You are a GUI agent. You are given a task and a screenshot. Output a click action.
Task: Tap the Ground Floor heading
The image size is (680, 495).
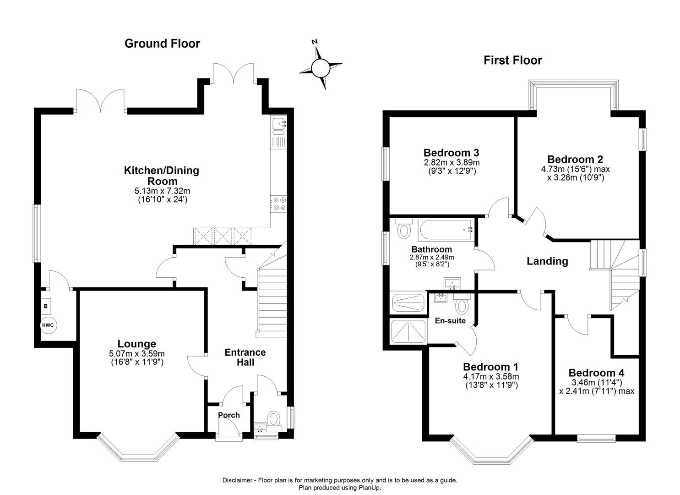coord(162,44)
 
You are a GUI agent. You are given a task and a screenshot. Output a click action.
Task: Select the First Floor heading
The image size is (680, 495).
coord(512,60)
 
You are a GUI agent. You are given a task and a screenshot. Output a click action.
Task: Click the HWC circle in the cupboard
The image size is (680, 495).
coord(48,325)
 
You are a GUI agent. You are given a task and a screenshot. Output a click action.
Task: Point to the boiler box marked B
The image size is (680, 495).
coord(46,306)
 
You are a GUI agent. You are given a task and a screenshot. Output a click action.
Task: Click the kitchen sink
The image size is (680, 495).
coord(278,124)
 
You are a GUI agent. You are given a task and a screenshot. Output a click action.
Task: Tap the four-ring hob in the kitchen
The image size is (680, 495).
coord(278,204)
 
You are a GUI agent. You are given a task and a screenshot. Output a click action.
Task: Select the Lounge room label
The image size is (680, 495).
coord(136,344)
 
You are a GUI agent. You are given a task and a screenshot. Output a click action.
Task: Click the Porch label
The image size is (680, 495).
coord(228,415)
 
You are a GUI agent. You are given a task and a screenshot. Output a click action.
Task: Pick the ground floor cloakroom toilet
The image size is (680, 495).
coord(274,418)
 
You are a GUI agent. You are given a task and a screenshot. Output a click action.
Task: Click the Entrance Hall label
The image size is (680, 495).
coord(245,357)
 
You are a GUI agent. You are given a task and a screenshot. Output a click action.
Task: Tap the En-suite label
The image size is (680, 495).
coord(450,320)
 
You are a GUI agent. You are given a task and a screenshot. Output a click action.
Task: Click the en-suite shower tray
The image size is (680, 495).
coord(408,331)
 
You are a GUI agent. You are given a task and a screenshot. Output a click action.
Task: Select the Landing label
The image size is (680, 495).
coord(547,261)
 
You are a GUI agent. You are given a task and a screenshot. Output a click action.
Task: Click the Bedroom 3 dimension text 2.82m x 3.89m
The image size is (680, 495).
coord(451,163)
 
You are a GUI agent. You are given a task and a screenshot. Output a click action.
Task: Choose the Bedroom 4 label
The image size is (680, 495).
coord(596,373)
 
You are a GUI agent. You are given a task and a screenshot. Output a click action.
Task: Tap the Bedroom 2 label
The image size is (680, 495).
coord(575,159)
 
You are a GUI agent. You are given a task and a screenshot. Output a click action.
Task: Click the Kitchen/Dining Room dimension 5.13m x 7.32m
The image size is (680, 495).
coord(162,191)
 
